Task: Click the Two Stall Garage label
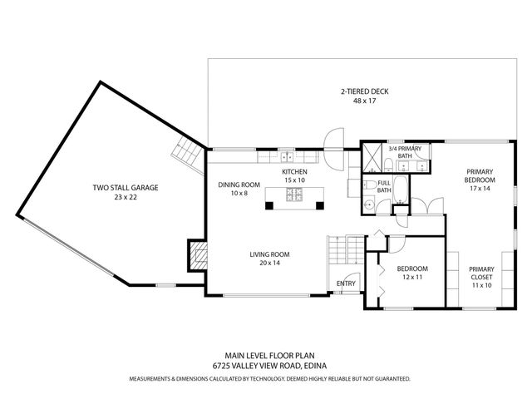click(x=125, y=188)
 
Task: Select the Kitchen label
click(x=294, y=171)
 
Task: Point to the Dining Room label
click(x=239, y=184)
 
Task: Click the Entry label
click(x=346, y=283)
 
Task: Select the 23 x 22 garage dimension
click(x=125, y=198)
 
